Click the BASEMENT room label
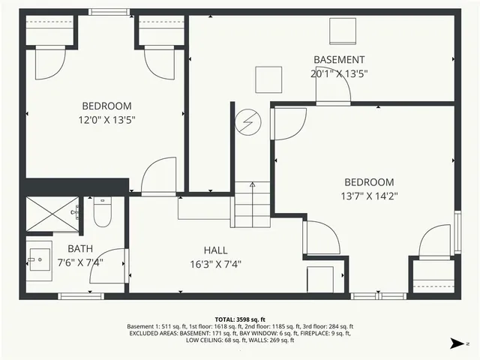tap(339, 60)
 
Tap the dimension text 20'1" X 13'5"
tap(339, 73)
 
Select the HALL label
tap(215, 250)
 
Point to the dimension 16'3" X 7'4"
tap(215, 264)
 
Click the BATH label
tap(79, 249)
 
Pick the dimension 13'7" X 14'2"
tap(369, 196)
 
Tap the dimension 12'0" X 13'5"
tap(107, 119)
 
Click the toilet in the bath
tap(102, 211)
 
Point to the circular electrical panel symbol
tap(247, 122)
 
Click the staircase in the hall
tap(252, 203)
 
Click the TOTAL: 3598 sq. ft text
tap(240, 319)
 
